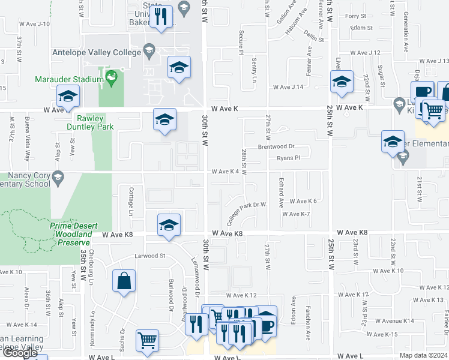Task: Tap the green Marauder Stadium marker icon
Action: click(110, 77)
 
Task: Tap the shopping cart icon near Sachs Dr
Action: click(147, 340)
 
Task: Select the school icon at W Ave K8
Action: click(169, 225)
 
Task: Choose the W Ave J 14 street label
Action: click(288, 88)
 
